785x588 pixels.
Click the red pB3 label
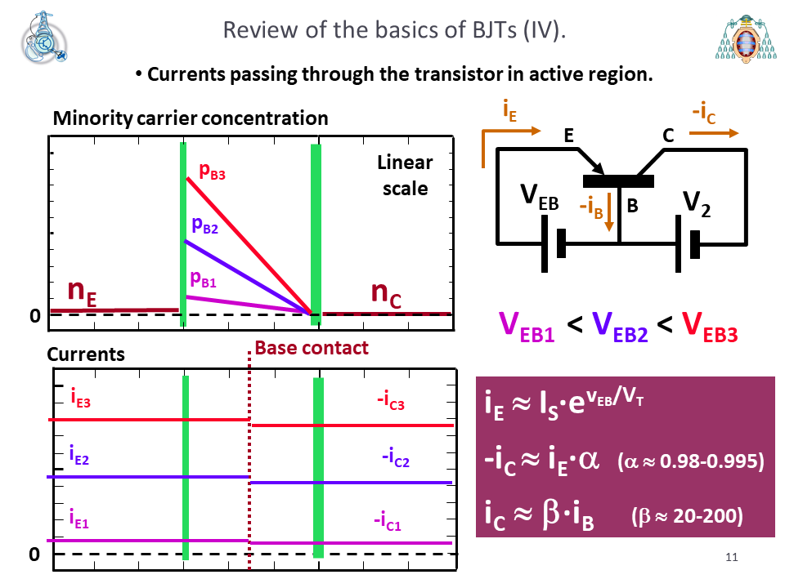tap(213, 171)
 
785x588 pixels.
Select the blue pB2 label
tap(204, 225)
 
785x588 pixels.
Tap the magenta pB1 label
tap(204, 279)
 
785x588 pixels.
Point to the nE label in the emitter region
tap(82, 292)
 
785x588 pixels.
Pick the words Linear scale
tap(405, 176)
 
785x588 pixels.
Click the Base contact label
tap(312, 348)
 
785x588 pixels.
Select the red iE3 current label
tap(81, 398)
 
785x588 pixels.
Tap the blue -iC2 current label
tap(396, 457)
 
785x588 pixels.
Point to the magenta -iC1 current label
tap(388, 521)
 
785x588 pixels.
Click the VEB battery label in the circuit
tap(539, 197)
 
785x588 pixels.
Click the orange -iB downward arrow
tap(608, 212)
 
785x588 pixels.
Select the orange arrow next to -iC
tap(714, 133)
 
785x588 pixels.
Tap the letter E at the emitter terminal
tap(569, 136)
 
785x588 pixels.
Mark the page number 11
tap(731, 558)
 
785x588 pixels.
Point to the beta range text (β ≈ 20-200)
tap(687, 516)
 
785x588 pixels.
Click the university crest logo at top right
tap(746, 39)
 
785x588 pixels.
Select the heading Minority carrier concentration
tap(191, 118)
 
